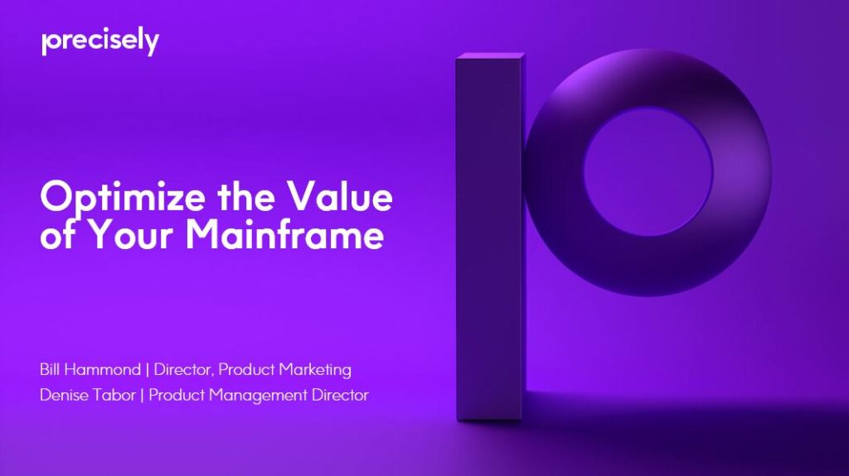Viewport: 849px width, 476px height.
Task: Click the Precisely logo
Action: [99, 41]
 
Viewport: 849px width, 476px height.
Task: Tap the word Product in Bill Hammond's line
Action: [246, 368]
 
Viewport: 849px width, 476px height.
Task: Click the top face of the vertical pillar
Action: [490, 57]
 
